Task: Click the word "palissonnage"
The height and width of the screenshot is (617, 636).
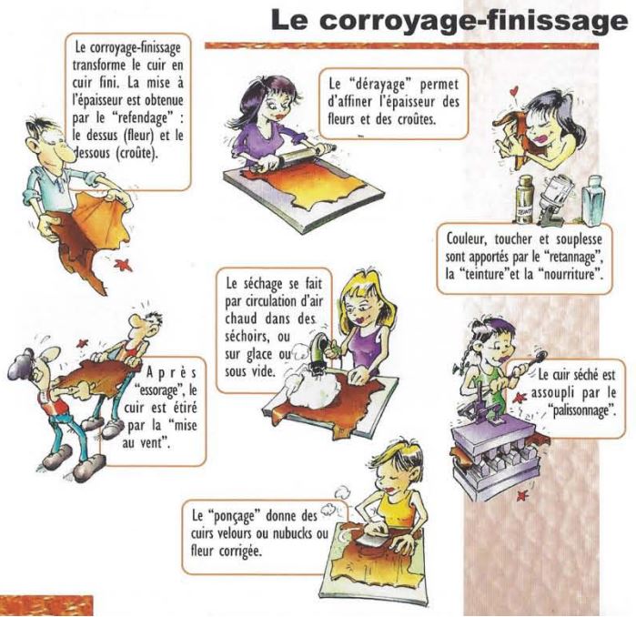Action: coord(583,410)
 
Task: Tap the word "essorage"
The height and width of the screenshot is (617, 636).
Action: coord(159,389)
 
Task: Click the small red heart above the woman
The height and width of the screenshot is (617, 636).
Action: coord(515,90)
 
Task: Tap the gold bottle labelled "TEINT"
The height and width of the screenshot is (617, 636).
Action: coord(524,198)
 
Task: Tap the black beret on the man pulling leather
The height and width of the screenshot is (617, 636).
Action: coord(23,361)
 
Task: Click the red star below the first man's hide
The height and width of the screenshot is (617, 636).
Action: coord(124,265)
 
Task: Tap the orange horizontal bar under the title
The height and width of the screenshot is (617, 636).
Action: coord(401,46)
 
